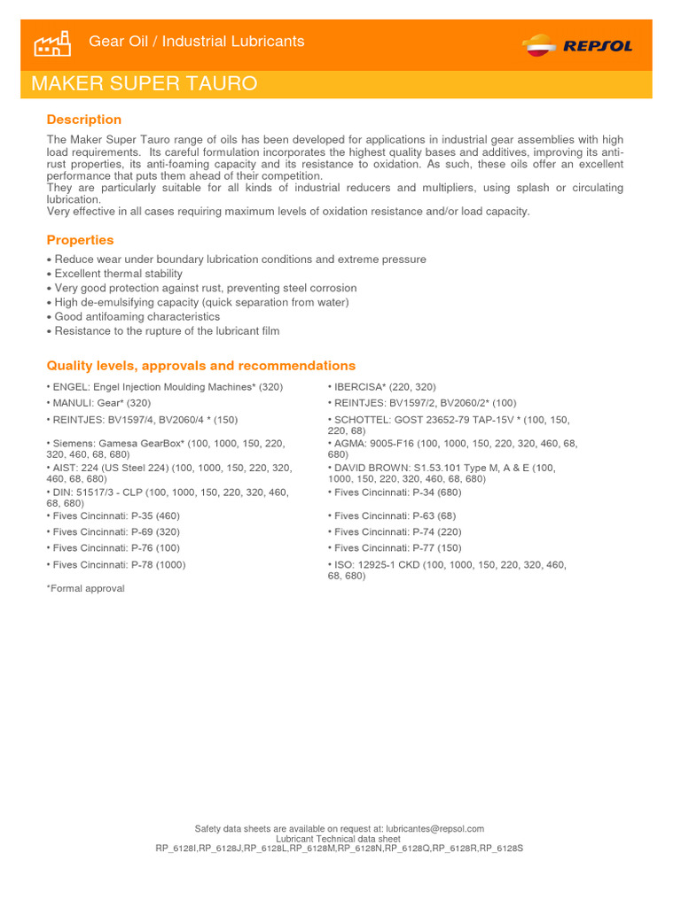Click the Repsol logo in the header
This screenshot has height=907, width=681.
[x=577, y=44]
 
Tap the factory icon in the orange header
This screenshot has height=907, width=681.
[x=51, y=43]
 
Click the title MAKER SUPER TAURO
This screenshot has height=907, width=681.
[x=145, y=84]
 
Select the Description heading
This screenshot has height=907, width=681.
[x=84, y=120]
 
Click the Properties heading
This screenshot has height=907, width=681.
[x=80, y=240]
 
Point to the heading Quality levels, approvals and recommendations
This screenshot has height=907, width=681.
[x=200, y=366]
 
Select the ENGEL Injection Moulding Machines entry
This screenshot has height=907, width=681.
[x=165, y=387]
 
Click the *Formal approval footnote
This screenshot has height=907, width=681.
[x=85, y=588]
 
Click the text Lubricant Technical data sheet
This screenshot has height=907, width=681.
[x=338, y=839]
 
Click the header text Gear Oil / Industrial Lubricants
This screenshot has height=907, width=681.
[x=197, y=42]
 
